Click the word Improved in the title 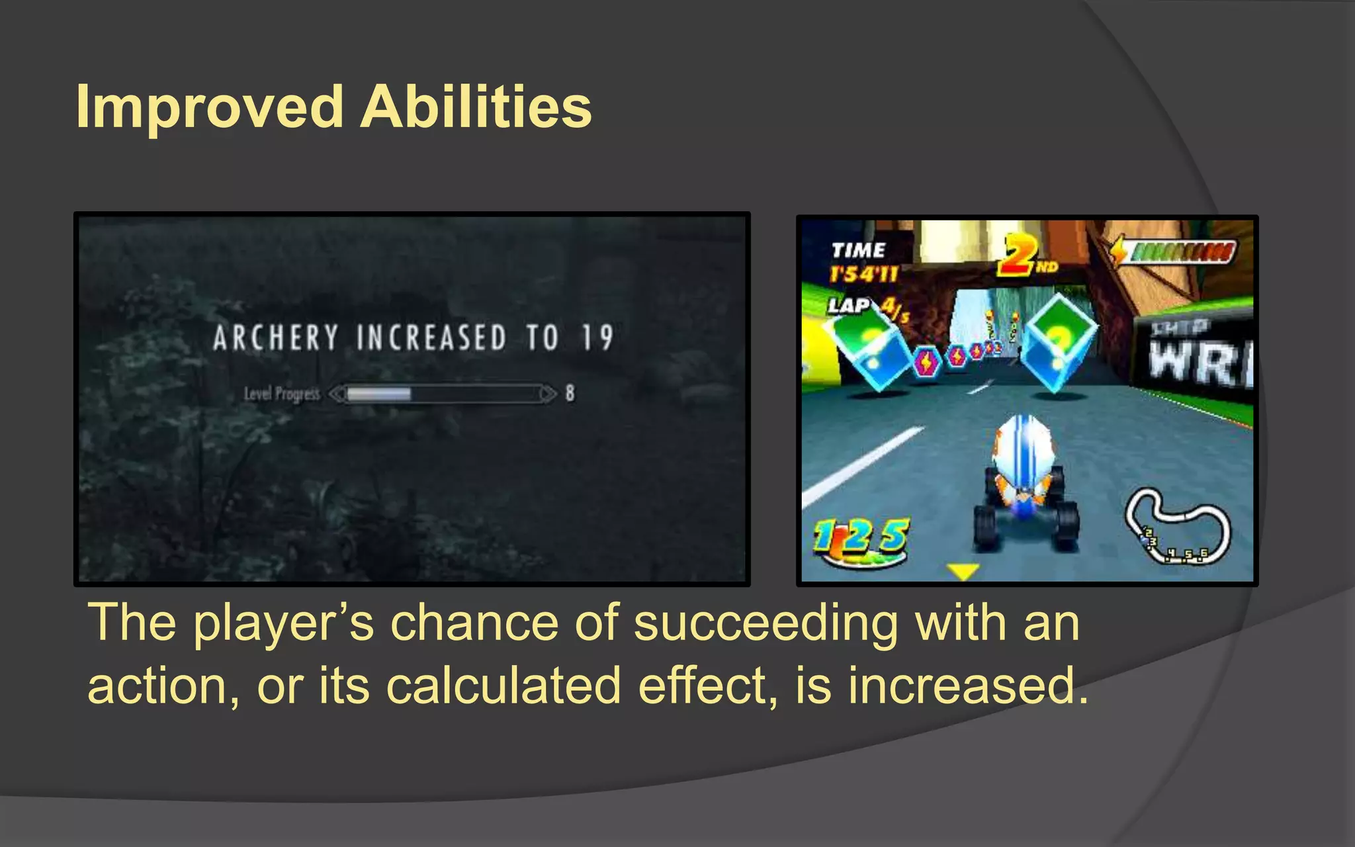(x=210, y=107)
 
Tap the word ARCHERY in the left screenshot (x=276, y=337)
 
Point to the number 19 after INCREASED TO (x=597, y=337)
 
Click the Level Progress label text (x=282, y=394)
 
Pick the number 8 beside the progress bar (x=570, y=394)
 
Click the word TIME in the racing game (x=858, y=250)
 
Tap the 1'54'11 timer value (x=864, y=273)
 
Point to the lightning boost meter (x=1174, y=252)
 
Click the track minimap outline (x=1178, y=525)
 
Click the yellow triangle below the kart (x=963, y=570)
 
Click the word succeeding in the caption (x=765, y=623)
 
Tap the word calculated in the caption (x=503, y=686)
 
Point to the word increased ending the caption (x=968, y=686)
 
